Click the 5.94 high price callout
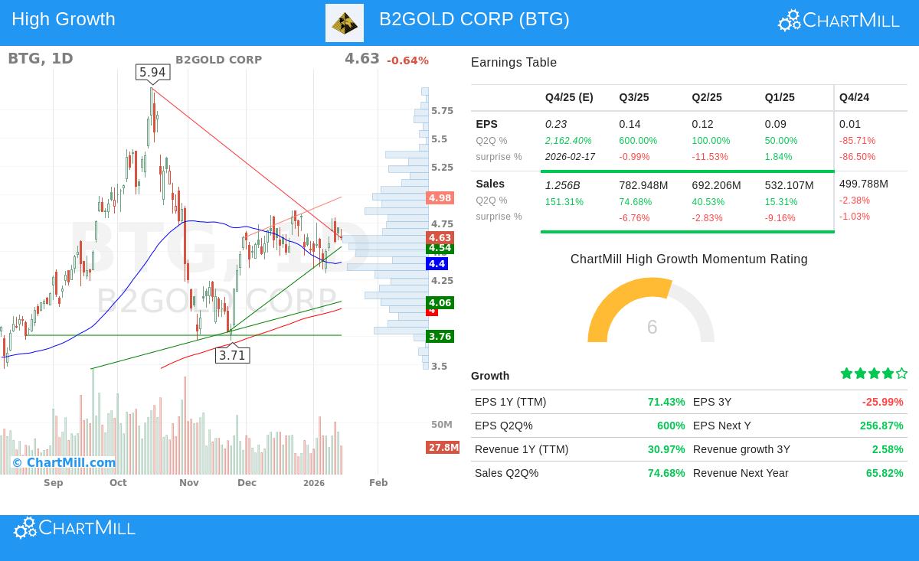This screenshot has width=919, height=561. (x=152, y=73)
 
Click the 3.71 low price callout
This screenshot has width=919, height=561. (x=232, y=355)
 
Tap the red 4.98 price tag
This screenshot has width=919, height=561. (x=440, y=198)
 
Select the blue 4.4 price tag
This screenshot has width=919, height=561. (x=437, y=263)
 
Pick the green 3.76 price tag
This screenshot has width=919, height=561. (x=440, y=337)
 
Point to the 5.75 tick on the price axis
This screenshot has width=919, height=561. (x=442, y=111)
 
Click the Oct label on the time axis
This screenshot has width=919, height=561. (x=118, y=483)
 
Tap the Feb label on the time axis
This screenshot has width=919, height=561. (x=378, y=483)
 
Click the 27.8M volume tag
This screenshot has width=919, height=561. (x=443, y=448)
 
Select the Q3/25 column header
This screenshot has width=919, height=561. (x=633, y=97)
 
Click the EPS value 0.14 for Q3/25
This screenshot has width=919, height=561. (x=630, y=124)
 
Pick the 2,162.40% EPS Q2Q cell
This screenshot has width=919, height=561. (x=568, y=141)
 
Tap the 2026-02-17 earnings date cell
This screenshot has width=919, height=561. (x=570, y=157)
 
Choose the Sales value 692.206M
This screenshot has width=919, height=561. (x=718, y=185)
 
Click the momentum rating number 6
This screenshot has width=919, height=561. (x=652, y=328)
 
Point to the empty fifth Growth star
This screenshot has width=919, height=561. (x=901, y=373)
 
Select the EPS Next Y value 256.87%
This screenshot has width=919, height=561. (x=881, y=426)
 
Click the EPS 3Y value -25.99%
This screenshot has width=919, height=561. (x=882, y=402)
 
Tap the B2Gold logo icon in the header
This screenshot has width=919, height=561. (x=345, y=23)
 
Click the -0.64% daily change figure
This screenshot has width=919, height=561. (x=407, y=60)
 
